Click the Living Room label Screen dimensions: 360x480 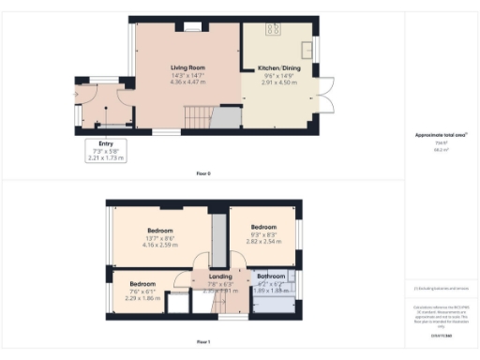pyautogui.click(x=187, y=68)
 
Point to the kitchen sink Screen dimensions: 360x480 pyautogui.click(x=306, y=48)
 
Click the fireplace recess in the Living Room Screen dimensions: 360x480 pyautogui.click(x=193, y=27)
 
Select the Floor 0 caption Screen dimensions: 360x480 pyautogui.click(x=203, y=173)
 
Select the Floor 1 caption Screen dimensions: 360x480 pyautogui.click(x=203, y=341)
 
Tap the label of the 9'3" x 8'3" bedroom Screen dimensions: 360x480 pyautogui.click(x=262, y=227)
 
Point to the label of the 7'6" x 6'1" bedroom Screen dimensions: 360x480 pyautogui.click(x=142, y=284)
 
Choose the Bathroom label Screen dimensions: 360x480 pyautogui.click(x=271, y=277)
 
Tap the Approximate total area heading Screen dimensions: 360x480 pyautogui.click(x=441, y=135)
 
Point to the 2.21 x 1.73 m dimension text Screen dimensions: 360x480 pyautogui.click(x=105, y=158)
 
